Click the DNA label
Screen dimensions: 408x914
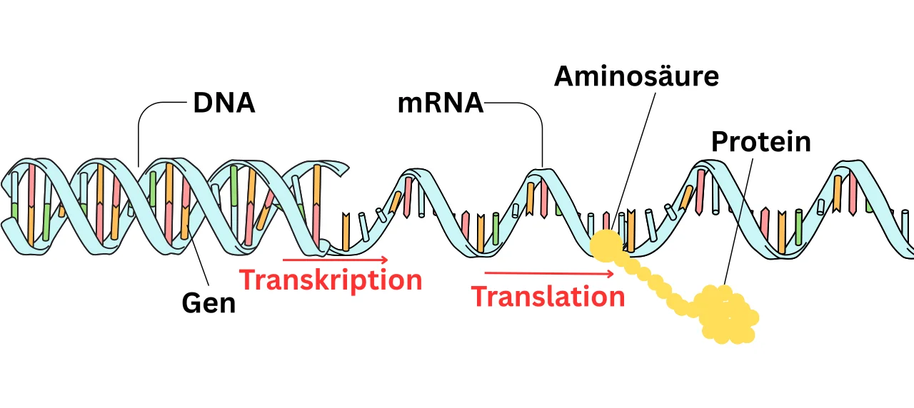coord(224,103)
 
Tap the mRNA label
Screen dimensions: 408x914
coord(440,104)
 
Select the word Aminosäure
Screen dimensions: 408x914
coord(636,76)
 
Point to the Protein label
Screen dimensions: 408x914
coord(760,142)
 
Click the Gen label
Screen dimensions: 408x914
coord(209,303)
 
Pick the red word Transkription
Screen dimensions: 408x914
coord(331,280)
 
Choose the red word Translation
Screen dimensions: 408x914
coord(548,296)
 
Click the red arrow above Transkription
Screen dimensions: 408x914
coord(336,260)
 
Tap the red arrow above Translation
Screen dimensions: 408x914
coord(548,272)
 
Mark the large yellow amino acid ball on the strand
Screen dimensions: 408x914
coord(606,244)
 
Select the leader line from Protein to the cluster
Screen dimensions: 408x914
coord(739,221)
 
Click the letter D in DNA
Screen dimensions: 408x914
coord(203,103)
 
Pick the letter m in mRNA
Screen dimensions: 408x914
coord(411,106)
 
